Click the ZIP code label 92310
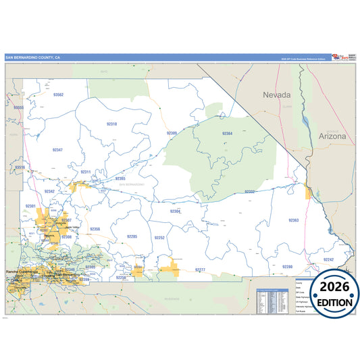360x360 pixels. tap(111, 124)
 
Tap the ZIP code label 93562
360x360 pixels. tap(58, 95)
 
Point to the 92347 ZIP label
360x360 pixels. tap(57, 149)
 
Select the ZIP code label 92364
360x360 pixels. tap(227, 134)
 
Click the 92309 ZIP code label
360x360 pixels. tap(172, 134)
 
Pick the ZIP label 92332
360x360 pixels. tap(250, 192)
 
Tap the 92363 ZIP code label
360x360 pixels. tap(293, 221)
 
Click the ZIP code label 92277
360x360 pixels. tap(200, 269)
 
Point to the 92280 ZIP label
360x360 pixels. tap(287, 267)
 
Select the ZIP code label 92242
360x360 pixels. tap(328, 259)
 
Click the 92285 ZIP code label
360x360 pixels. tap(132, 236)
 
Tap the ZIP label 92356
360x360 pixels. tap(95, 230)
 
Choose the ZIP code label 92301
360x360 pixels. tap(30, 205)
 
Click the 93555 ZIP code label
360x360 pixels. tap(18, 107)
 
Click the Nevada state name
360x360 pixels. tap(277, 95)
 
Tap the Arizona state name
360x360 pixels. tap(332, 136)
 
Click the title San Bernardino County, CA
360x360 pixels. tap(33, 57)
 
